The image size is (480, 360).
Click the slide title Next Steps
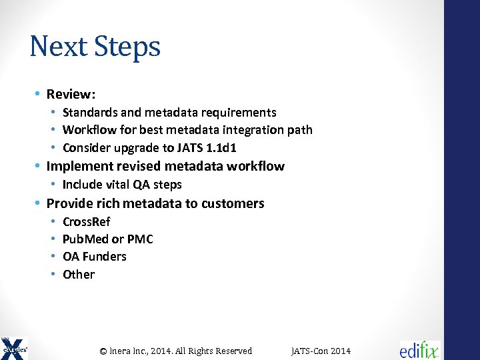click(x=95, y=47)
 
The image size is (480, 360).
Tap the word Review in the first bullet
click(x=70, y=95)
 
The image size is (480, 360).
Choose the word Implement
click(x=79, y=166)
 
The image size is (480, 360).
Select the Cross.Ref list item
click(x=86, y=222)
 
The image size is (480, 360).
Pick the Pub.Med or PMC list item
click(x=107, y=239)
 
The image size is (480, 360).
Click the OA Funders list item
click(x=94, y=257)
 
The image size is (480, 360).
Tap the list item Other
click(x=79, y=275)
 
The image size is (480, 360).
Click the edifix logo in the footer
click(x=420, y=350)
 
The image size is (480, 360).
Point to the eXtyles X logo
click(x=14, y=348)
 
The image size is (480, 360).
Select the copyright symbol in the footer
click(x=103, y=351)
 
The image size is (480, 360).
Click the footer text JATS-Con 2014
click(x=321, y=351)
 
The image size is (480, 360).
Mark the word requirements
click(x=241, y=113)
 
